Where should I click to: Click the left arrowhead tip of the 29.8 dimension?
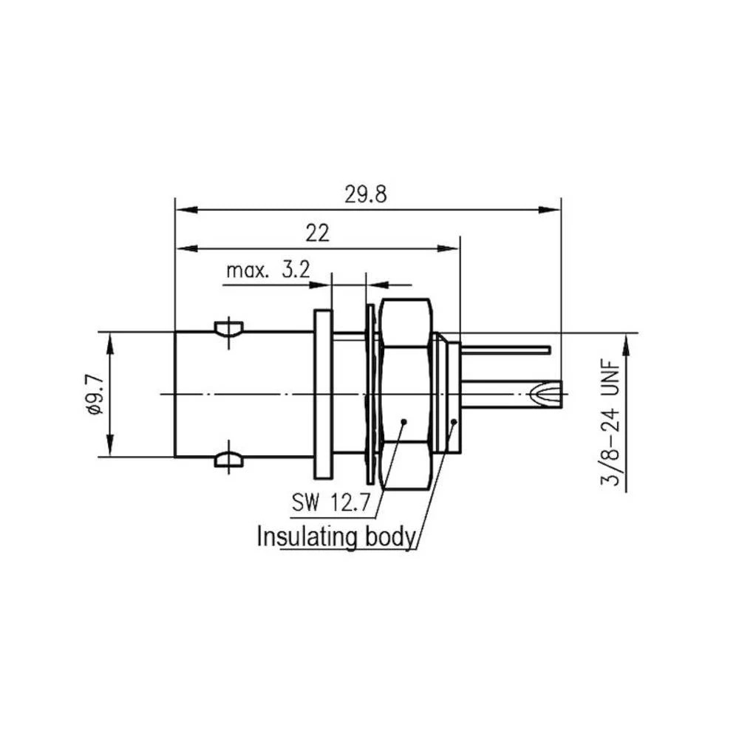pyautogui.click(x=175, y=210)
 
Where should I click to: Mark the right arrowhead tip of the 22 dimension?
pyautogui.click(x=460, y=248)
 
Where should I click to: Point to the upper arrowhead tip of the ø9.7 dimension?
pyautogui.click(x=110, y=333)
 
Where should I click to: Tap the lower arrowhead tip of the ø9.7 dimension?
pyautogui.click(x=110, y=456)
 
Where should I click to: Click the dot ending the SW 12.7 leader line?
pyautogui.click(x=404, y=421)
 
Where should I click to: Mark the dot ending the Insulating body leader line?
pyautogui.click(x=454, y=421)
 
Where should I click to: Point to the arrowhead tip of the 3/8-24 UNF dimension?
pyautogui.click(x=627, y=333)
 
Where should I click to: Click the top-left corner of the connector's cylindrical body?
pyautogui.click(x=175, y=333)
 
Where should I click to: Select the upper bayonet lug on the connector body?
pyautogui.click(x=228, y=328)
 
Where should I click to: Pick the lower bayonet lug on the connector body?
pyautogui.click(x=228, y=459)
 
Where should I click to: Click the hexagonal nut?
pyautogui.click(x=406, y=394)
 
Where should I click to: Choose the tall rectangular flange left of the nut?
pyautogui.click(x=324, y=394)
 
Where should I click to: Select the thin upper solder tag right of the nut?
pyautogui.click(x=505, y=350)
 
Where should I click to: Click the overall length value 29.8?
pyautogui.click(x=366, y=194)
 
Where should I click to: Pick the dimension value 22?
pyautogui.click(x=317, y=234)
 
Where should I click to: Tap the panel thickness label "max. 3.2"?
pyautogui.click(x=268, y=270)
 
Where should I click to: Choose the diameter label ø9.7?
pyautogui.click(x=95, y=394)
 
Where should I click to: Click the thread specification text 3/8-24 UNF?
pyautogui.click(x=610, y=423)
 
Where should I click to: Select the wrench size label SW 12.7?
pyautogui.click(x=331, y=503)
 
